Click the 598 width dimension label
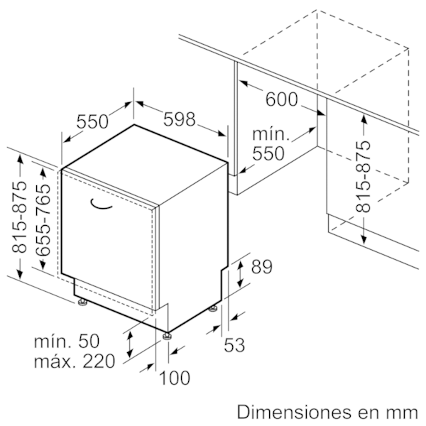[x=180, y=119]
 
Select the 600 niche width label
[x=281, y=99]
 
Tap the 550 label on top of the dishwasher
[x=92, y=121]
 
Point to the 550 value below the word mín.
[x=268, y=153]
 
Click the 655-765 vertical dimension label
[x=43, y=220]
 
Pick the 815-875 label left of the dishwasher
[x=19, y=217]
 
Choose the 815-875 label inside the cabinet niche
[x=363, y=176]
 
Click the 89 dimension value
[x=261, y=266]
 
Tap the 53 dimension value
[x=234, y=345]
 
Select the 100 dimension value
[x=175, y=378]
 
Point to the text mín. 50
[x=67, y=341]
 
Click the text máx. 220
[x=74, y=361]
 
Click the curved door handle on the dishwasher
[x=101, y=204]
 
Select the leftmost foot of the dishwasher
[x=82, y=302]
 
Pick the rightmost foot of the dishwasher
[x=213, y=309]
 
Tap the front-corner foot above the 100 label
[x=167, y=336]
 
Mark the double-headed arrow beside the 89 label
[x=240, y=273]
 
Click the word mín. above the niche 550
[x=271, y=134]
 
